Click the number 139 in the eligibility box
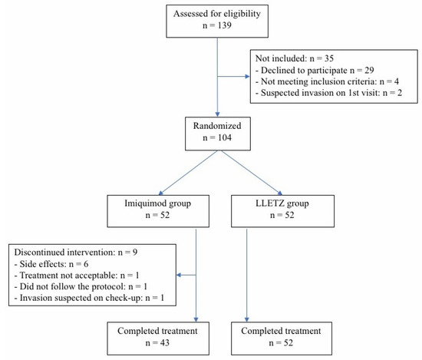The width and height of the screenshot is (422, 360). (225, 25)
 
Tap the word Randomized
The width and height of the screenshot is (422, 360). (217, 126)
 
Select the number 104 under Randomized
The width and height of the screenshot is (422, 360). (225, 137)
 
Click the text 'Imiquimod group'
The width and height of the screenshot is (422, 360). (158, 203)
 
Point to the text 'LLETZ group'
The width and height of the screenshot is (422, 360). (282, 203)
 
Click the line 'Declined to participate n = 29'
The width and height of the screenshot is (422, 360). (315, 71)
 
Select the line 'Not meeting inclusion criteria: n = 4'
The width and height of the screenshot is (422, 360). (327, 81)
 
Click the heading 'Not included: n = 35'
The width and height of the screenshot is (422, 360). (295, 58)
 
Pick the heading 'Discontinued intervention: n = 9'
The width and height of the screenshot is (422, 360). (76, 253)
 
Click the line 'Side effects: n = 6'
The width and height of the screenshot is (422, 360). (51, 264)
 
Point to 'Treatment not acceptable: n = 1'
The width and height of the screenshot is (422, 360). (77, 276)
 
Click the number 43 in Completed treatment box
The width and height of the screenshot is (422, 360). (164, 343)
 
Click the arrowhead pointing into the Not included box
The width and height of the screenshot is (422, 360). (248, 77)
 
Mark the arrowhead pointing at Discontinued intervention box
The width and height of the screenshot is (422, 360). (179, 276)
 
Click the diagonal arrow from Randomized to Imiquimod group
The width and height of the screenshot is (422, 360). (188, 173)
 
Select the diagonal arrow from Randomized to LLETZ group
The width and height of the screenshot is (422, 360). (252, 173)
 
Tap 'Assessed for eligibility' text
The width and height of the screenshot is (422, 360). (217, 14)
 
